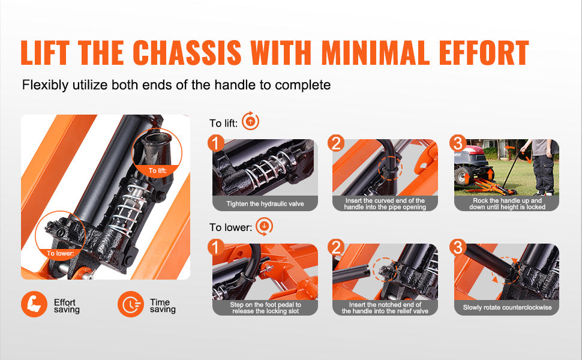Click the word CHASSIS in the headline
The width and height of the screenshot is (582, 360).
click(x=187, y=52)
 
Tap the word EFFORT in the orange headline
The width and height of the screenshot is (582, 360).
click(x=484, y=52)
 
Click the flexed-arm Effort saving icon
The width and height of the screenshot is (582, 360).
click(x=34, y=304)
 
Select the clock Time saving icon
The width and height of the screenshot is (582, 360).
click(x=130, y=304)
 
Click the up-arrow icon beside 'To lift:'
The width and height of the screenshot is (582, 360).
click(x=251, y=121)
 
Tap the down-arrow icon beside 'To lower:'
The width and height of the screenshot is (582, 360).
click(x=264, y=226)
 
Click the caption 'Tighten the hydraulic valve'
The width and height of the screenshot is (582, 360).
click(x=265, y=204)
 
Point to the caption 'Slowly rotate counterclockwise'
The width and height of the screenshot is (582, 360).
click(x=507, y=307)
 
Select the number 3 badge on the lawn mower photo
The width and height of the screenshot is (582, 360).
click(x=458, y=143)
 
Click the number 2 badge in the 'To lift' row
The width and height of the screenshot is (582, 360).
click(x=336, y=143)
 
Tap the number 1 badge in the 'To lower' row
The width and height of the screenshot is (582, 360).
click(x=215, y=247)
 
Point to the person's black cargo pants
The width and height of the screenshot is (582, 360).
click(x=543, y=173)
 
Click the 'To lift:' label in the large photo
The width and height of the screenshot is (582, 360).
click(x=157, y=170)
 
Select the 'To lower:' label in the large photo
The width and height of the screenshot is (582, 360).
click(x=60, y=253)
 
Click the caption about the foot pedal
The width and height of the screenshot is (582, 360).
click(x=265, y=308)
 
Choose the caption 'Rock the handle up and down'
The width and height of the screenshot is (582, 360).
click(x=507, y=204)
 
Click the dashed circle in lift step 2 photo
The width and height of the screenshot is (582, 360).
click(x=390, y=168)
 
